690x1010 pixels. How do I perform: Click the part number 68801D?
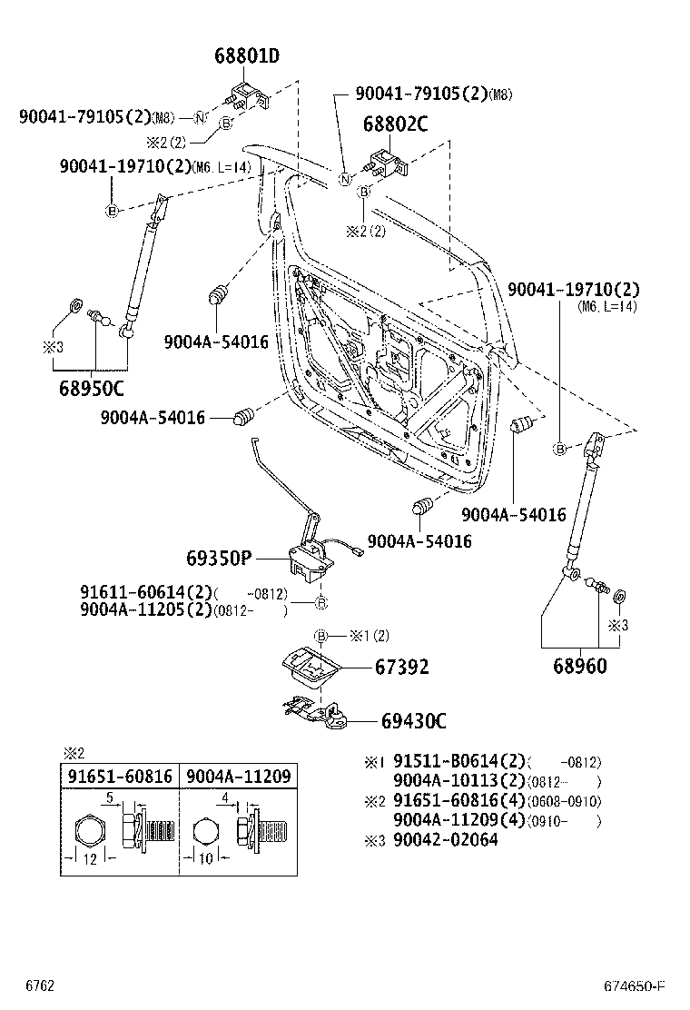246,56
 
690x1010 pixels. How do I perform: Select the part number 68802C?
395,124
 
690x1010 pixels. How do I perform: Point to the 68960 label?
579,666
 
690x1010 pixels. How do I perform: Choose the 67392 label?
401,668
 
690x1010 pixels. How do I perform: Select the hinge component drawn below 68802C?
385,163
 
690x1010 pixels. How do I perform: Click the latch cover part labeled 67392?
309,668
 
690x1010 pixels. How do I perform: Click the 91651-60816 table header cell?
119,776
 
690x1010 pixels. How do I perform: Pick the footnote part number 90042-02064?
445,839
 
